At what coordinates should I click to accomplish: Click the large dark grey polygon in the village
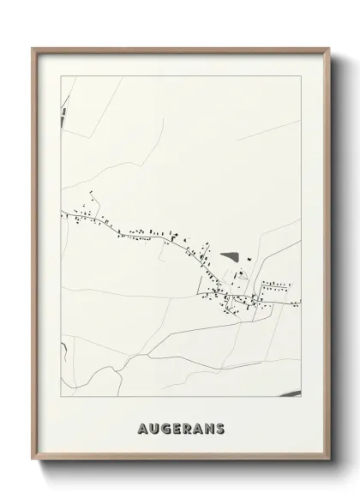229,255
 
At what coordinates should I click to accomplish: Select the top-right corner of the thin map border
302,76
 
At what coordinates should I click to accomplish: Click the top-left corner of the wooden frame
33,48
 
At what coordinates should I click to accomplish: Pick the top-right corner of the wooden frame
329,48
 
